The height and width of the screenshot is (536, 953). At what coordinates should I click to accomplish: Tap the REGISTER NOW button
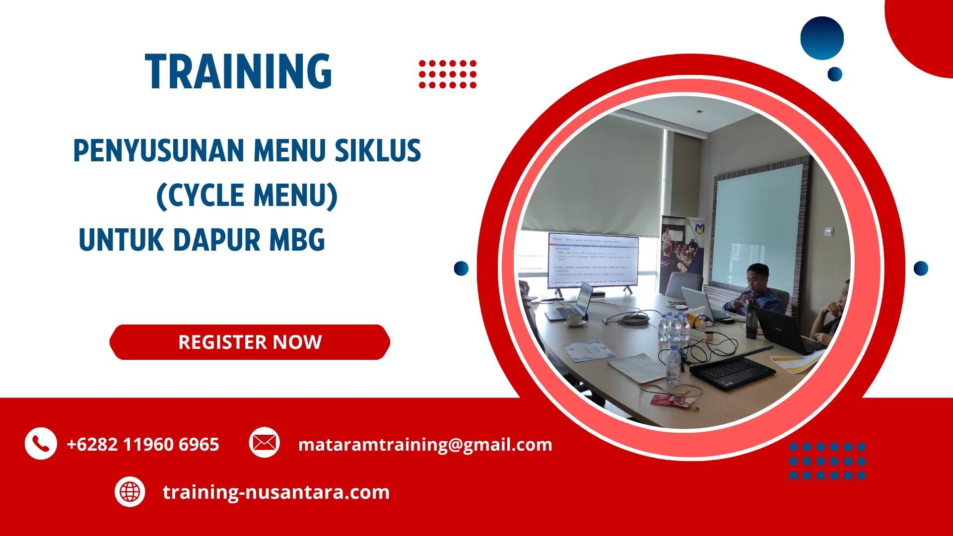coord(250,342)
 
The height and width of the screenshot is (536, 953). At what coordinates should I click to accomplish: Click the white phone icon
coord(41,443)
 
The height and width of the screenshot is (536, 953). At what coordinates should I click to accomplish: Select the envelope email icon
coord(264,442)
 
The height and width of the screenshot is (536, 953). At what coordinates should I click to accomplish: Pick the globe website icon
coord(130,492)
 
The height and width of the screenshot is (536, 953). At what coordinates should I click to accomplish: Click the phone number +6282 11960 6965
coord(143,444)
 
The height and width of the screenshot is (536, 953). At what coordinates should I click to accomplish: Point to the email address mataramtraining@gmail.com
coord(425,444)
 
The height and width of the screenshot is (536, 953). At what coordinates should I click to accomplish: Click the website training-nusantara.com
coord(276,492)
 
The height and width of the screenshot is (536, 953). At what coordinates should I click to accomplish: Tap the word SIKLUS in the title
coord(378,151)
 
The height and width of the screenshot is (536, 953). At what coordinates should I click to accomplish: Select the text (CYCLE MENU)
coord(247,196)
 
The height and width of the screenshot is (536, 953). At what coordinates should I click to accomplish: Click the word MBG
coord(297,240)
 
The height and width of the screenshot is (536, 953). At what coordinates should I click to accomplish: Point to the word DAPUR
coord(217,240)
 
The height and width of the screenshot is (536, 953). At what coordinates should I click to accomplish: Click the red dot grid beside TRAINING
coord(447,74)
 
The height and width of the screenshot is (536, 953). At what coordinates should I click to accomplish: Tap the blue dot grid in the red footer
coord(827,461)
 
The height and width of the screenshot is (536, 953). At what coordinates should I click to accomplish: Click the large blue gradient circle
coord(822,38)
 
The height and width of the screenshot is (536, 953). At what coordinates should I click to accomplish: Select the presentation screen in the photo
coord(593,261)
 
